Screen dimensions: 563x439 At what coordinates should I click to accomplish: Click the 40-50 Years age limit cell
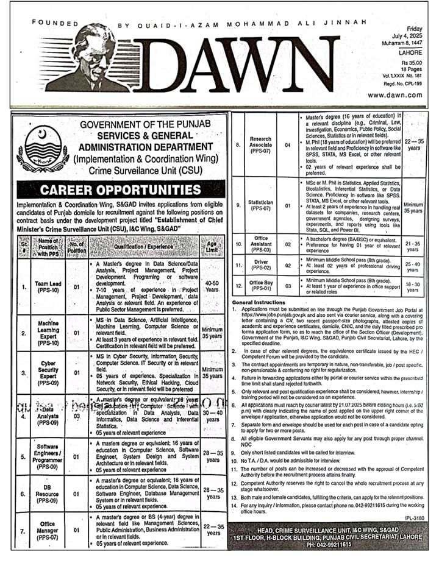[x=212, y=286]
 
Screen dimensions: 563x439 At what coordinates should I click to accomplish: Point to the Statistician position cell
[x=262, y=205]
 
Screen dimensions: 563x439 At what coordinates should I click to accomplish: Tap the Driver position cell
[x=262, y=266]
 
